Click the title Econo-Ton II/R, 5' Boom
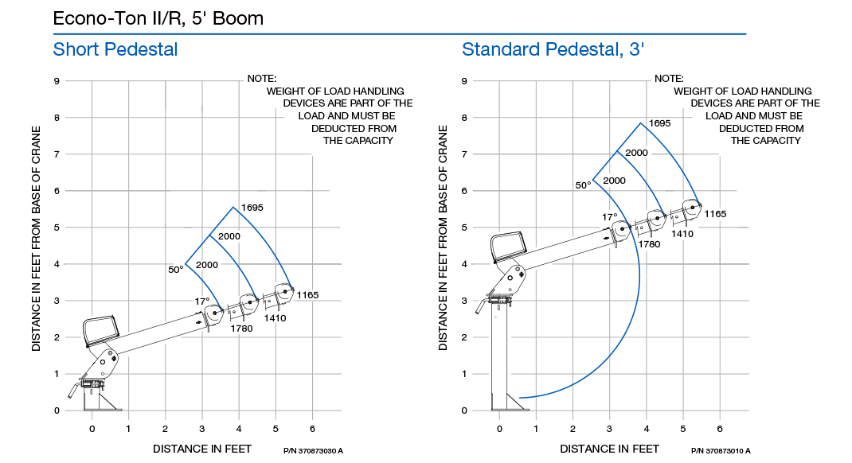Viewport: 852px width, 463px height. [158, 18]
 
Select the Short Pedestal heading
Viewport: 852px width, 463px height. [115, 49]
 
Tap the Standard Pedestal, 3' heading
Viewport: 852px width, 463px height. [553, 49]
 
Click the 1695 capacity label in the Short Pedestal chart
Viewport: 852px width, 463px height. [252, 208]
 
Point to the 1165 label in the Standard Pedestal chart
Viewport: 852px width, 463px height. [715, 214]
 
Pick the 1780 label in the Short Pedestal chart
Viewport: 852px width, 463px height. [241, 329]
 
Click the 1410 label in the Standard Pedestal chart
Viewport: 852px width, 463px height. [682, 234]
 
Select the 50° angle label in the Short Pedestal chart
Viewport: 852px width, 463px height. [175, 270]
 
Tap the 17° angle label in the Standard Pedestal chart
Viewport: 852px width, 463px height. [610, 217]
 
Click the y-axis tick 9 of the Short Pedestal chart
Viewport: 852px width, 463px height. [57, 81]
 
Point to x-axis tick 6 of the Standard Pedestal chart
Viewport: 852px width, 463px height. [720, 429]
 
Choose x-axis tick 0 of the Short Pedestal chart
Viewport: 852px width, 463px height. [92, 429]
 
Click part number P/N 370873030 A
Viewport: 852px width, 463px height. [313, 451]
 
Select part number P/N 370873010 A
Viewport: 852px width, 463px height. [721, 451]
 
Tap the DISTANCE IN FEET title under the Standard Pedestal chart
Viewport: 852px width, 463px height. [610, 449]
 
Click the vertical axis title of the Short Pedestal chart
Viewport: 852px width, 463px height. [36, 239]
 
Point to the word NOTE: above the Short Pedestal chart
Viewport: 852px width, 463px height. [262, 79]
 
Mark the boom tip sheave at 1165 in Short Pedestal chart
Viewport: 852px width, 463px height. [285, 291]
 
